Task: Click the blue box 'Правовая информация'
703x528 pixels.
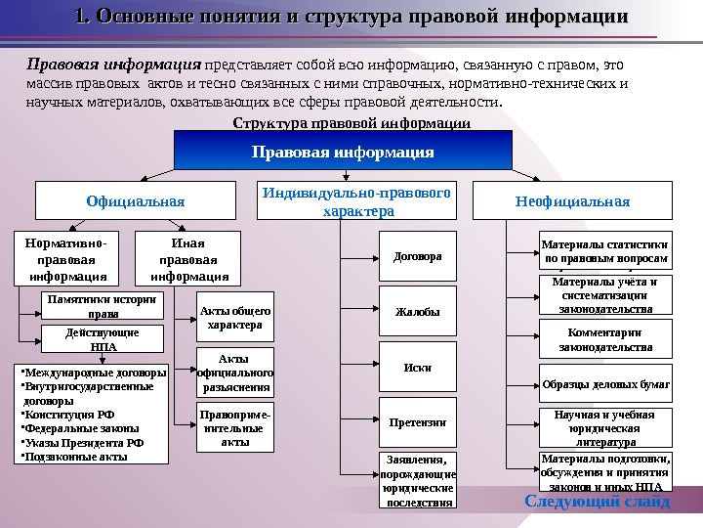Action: [x=343, y=152]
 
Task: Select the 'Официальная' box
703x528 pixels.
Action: [x=136, y=201]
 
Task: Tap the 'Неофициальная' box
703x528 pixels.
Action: [x=572, y=201]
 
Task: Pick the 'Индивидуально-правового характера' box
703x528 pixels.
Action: [x=357, y=201]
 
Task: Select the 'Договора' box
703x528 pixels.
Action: [x=417, y=257]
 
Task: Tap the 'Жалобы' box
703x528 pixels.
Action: [x=417, y=313]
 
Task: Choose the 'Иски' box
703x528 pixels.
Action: [x=417, y=368]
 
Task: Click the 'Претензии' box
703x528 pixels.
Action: [x=417, y=422]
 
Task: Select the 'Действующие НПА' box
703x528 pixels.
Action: [x=102, y=339]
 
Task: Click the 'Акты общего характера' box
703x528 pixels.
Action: [x=235, y=317]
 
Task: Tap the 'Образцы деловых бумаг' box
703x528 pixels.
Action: [x=605, y=384]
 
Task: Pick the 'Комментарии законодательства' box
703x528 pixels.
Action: [x=605, y=339]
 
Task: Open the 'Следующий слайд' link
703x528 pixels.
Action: [x=598, y=502]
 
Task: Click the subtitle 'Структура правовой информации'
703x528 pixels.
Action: [x=351, y=123]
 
